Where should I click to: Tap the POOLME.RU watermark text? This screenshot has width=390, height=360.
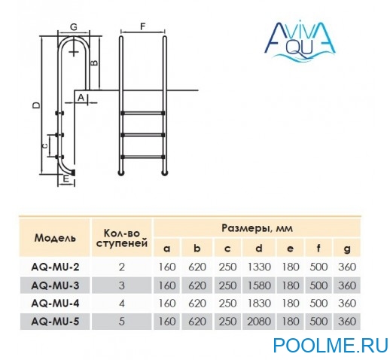(x=331, y=346)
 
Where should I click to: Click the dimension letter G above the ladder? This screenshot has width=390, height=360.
(x=74, y=27)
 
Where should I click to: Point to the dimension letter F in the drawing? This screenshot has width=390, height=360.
(x=143, y=26)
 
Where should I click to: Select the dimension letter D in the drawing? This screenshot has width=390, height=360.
(x=37, y=105)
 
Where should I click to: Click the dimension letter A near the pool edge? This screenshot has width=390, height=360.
(x=81, y=97)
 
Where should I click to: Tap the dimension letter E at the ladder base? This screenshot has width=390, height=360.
(x=66, y=178)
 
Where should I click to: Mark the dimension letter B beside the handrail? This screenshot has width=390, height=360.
(x=94, y=63)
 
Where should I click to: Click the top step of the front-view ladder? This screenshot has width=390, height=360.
(x=143, y=113)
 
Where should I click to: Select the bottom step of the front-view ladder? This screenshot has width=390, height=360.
(x=143, y=157)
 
